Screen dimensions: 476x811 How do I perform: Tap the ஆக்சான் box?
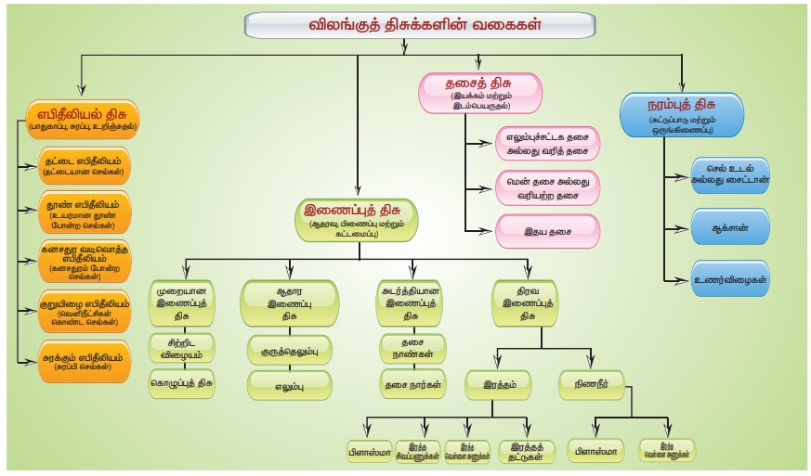pyautogui.click(x=729, y=226)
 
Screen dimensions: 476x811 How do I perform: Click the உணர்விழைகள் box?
pyautogui.click(x=729, y=278)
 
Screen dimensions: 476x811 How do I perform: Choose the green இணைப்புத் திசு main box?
pyautogui.click(x=359, y=217)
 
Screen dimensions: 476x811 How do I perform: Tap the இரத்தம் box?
pyautogui.click(x=500, y=381)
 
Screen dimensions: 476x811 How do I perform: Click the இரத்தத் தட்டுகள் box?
pyautogui.click(x=526, y=451)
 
